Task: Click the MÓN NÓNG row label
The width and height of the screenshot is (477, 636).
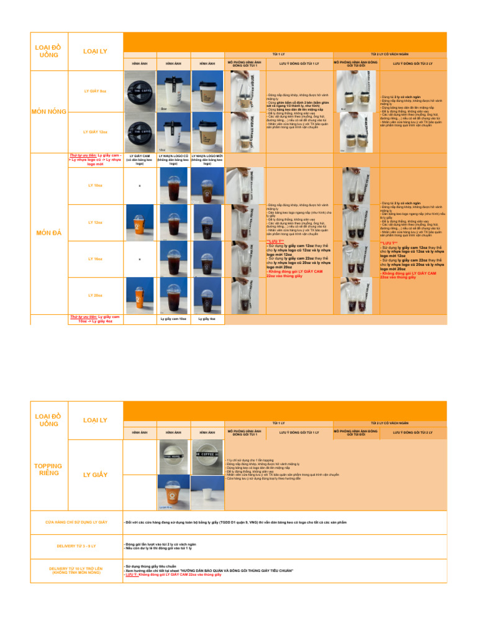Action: [x=48, y=112]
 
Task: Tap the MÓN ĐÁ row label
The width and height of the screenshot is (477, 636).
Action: [x=48, y=233]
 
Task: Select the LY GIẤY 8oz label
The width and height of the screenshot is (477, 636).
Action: [x=96, y=91]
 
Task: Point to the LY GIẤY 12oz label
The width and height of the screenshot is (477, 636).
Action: [x=96, y=132]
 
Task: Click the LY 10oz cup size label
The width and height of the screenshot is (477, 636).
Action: [x=96, y=185]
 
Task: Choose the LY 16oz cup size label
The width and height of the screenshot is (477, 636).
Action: [x=96, y=258]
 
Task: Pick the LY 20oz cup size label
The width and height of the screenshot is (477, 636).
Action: [x=96, y=295]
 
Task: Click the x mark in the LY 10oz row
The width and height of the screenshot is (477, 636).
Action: [x=140, y=186]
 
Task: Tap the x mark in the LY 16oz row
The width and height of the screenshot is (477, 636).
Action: [x=140, y=259]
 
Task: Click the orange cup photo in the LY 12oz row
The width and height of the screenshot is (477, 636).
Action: [x=140, y=222]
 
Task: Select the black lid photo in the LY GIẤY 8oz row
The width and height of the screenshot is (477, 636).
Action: [x=140, y=91]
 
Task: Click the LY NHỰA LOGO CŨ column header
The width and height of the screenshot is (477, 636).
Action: [x=173, y=160]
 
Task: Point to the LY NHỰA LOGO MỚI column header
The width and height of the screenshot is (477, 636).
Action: [x=207, y=160]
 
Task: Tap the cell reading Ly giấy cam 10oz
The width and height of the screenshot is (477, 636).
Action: [x=173, y=319]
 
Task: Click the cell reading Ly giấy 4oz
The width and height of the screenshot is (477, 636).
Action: [x=207, y=319]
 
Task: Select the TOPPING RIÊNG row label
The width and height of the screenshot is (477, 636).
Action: [x=48, y=470]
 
